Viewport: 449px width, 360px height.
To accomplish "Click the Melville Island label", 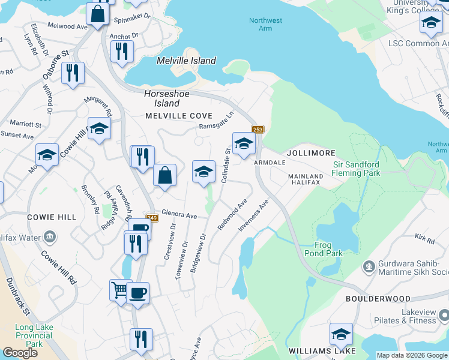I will point(186,61).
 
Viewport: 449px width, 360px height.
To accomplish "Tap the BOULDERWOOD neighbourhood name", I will point(378,298).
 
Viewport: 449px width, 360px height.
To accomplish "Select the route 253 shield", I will point(258,130).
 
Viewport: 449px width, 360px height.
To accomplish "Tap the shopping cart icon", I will point(120,290).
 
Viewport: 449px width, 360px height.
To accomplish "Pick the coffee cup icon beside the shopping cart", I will point(138,293).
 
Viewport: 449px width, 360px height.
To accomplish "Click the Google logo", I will point(20,353).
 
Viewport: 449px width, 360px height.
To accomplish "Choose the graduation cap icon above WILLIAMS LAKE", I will point(341,333).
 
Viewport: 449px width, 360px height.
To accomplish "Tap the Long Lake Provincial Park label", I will point(34,335).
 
